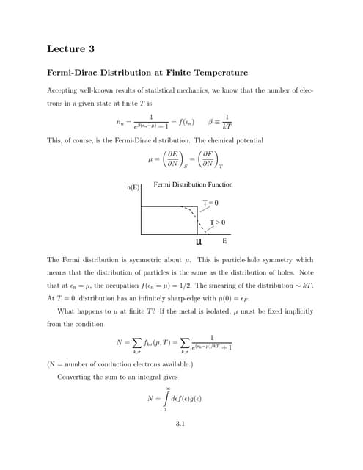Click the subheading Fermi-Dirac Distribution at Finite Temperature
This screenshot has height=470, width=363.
click(x=147, y=73)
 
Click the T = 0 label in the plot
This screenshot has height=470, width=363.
click(x=210, y=202)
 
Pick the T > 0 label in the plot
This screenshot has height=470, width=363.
click(x=217, y=222)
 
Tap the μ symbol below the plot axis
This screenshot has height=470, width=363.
click(x=199, y=240)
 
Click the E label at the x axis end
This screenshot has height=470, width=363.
click(x=224, y=240)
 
